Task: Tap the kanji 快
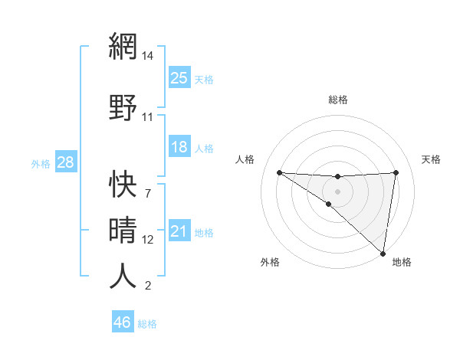[x=123, y=182]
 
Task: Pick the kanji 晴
[x=123, y=228]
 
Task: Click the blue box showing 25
[x=179, y=77]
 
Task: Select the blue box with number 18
[x=179, y=146]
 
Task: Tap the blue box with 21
[x=179, y=231]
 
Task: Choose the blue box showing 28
[x=65, y=162]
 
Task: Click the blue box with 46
[x=123, y=322]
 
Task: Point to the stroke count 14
[x=148, y=56]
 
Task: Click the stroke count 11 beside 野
[x=148, y=117]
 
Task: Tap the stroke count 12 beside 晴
[x=148, y=240]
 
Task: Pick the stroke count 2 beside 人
[x=147, y=286]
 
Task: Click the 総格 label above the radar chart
[x=338, y=100]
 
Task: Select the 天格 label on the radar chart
[x=431, y=159]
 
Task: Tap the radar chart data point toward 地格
[x=383, y=253]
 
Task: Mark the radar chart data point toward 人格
[x=279, y=172]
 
